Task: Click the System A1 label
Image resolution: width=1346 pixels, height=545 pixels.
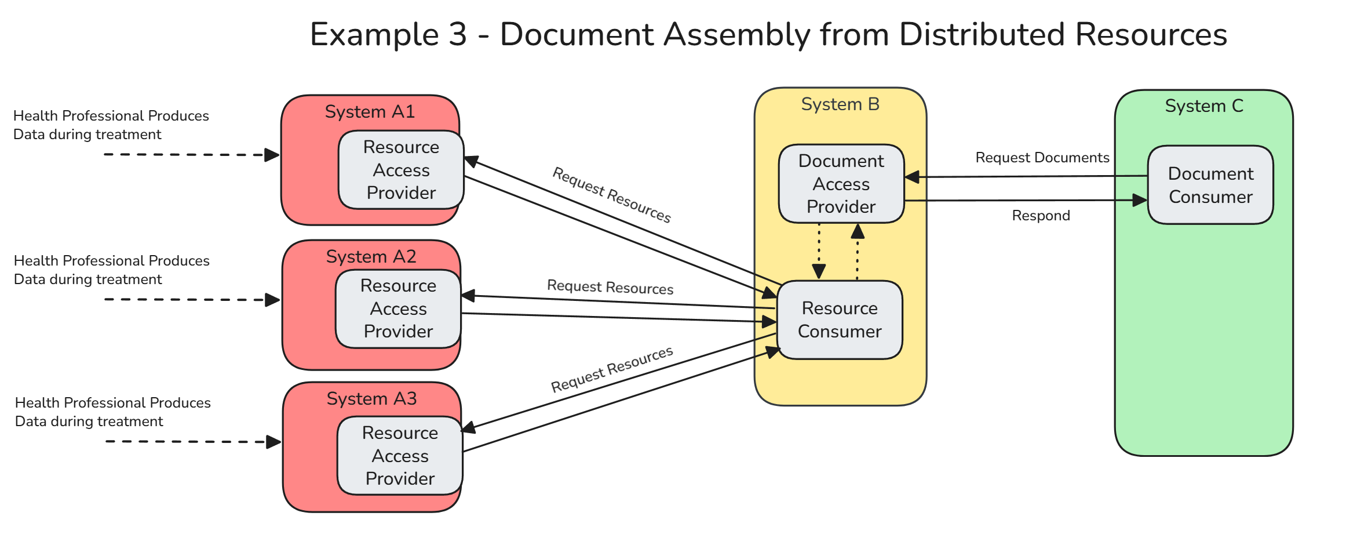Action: click(x=370, y=111)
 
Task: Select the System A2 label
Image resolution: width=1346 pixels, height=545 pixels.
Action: click(x=371, y=256)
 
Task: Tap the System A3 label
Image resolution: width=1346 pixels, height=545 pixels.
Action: click(x=371, y=398)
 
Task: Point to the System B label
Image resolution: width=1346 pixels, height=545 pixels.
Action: click(x=840, y=104)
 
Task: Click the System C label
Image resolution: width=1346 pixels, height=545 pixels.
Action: click(x=1203, y=106)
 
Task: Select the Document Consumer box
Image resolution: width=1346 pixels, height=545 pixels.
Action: click(x=1210, y=185)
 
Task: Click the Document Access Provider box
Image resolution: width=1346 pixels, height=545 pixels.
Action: click(x=841, y=184)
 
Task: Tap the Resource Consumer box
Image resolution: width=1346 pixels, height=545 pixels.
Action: click(x=839, y=319)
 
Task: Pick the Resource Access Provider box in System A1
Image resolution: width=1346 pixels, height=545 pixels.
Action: click(x=401, y=170)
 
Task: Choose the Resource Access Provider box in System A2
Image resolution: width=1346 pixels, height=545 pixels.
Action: click(x=398, y=308)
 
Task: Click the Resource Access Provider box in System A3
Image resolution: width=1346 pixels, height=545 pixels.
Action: click(x=400, y=456)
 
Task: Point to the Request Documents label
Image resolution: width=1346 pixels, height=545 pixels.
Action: click(x=1042, y=157)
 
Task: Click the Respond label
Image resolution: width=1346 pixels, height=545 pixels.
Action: click(x=1041, y=215)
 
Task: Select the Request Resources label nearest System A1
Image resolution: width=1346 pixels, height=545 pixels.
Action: click(x=611, y=195)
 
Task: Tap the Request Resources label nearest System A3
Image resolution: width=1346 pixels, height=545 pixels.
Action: click(x=611, y=369)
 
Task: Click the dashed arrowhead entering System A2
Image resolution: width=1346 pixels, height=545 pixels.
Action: click(x=272, y=300)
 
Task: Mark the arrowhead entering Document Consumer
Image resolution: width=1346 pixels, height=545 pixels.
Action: click(x=1140, y=200)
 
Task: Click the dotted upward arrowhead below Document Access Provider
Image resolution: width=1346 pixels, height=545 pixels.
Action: click(x=858, y=232)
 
